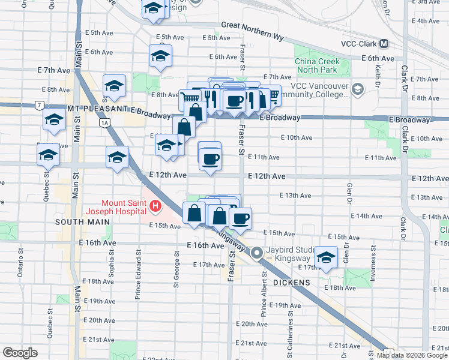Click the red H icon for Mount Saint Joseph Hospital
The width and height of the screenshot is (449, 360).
click(x=155, y=207)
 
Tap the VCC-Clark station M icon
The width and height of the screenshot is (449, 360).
click(x=384, y=44)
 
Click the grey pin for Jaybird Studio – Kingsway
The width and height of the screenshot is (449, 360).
click(x=257, y=253)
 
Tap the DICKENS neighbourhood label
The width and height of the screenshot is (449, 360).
click(x=292, y=282)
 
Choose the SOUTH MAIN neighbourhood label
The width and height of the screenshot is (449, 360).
click(x=82, y=222)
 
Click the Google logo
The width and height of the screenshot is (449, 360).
click(x=20, y=353)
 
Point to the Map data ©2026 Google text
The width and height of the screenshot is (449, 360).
click(x=412, y=355)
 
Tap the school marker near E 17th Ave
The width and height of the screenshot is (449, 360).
click(x=326, y=257)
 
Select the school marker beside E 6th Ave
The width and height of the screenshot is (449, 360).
click(x=160, y=56)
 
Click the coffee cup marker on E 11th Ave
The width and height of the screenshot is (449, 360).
click(x=209, y=158)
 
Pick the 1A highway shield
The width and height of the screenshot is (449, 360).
click(x=106, y=122)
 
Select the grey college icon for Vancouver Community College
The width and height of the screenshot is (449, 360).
click(x=358, y=90)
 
